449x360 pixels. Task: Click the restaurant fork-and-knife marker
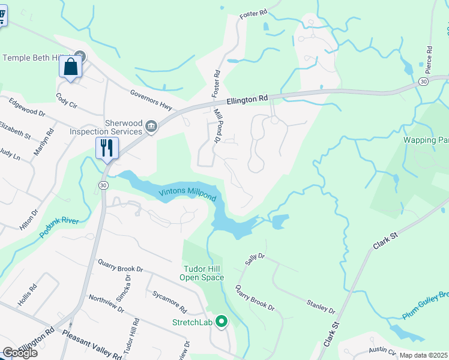pos(107,148)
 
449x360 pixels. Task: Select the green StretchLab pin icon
pos(221,322)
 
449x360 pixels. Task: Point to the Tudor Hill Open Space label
pos(202,273)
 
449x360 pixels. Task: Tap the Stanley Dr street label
pos(321,306)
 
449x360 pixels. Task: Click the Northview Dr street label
pos(106,305)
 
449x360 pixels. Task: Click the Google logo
pos(20,353)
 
